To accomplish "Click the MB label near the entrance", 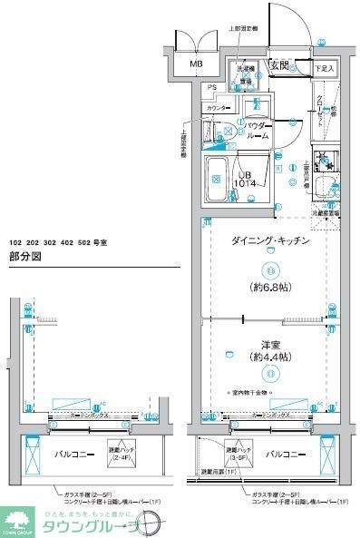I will point(196,64).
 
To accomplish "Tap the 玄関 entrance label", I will point(279,66).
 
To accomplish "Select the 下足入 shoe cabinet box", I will point(324,68).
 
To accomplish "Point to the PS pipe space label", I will point(210,87).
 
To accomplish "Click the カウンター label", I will point(218,109).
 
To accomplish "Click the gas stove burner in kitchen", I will point(324,158).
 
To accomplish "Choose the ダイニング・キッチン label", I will point(271,242).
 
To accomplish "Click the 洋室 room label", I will point(270,344).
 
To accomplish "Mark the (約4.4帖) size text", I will point(270,357).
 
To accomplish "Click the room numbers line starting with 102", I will point(58,242).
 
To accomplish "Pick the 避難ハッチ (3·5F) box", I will point(238,454).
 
